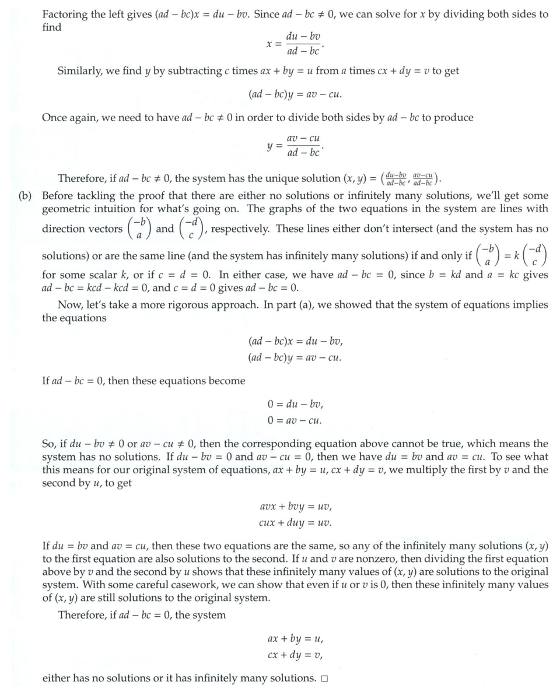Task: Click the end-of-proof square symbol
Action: tap(324, 679)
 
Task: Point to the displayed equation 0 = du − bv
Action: tap(295, 404)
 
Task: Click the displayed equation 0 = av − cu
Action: tap(295, 420)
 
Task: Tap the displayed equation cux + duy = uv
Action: tap(295, 522)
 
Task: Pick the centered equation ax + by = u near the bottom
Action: tap(295, 639)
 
